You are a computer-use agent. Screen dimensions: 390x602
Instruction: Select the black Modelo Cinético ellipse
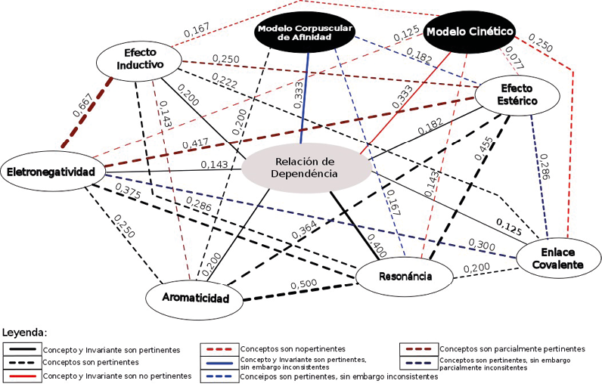click(x=470, y=32)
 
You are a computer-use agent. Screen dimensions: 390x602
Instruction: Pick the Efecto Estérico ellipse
click(x=517, y=93)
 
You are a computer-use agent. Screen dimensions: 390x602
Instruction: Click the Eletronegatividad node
click(x=51, y=172)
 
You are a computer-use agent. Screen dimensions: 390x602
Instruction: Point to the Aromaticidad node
click(x=196, y=298)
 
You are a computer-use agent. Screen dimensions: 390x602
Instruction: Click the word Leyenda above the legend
click(x=25, y=332)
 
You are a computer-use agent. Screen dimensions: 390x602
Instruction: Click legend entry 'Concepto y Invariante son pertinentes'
click(x=111, y=351)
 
